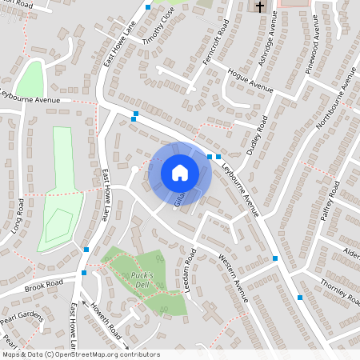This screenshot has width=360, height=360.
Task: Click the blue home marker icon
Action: click(x=180, y=172)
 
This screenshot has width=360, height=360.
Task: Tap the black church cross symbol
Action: click(x=259, y=6)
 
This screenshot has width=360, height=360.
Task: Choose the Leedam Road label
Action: click(x=191, y=269)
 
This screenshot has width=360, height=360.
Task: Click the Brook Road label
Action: click(x=43, y=286)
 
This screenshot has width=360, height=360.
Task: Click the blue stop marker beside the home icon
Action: click(x=210, y=157)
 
